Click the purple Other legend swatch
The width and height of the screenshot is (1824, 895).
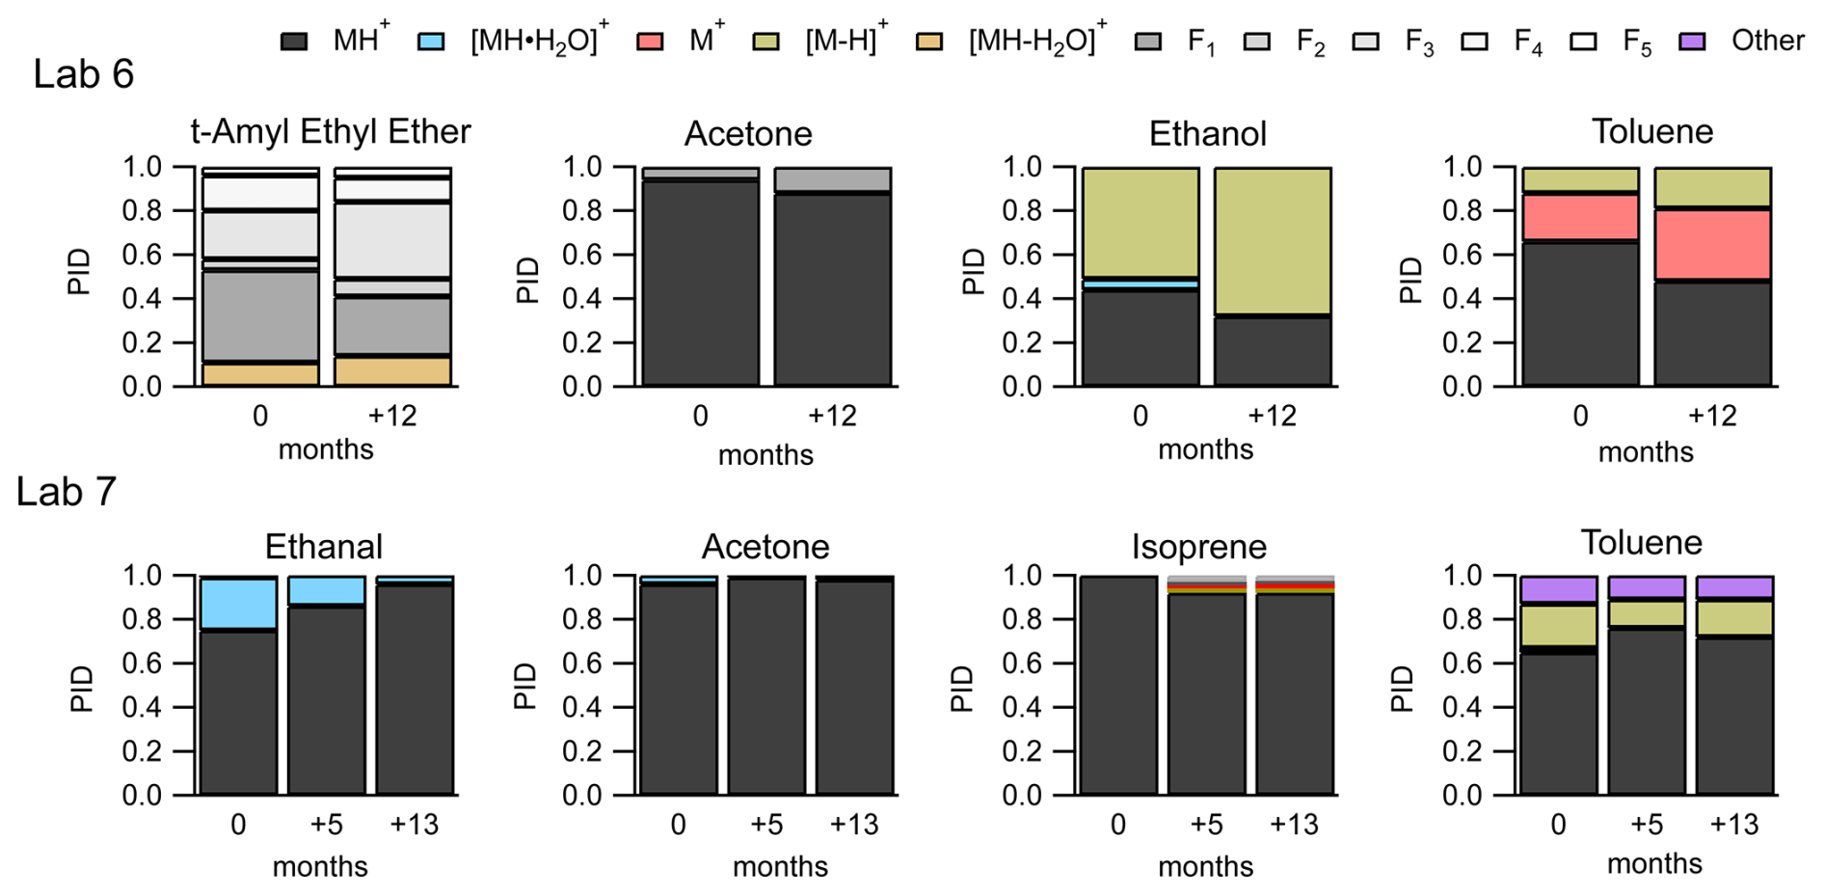1693,41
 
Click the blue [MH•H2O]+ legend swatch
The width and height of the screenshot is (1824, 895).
431,41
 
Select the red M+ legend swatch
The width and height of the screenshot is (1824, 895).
650,41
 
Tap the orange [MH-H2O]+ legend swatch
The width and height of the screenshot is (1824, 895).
929,41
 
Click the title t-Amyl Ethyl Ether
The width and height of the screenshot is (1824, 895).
330,131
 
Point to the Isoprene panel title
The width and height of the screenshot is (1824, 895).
1198,547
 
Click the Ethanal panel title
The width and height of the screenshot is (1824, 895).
324,547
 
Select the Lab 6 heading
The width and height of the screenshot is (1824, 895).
83,74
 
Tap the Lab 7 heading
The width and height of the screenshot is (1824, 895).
66,492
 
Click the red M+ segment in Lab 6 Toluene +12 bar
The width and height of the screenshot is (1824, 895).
1712,244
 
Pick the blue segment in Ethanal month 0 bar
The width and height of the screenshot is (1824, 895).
238,603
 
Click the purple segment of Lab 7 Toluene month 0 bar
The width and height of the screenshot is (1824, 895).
1558,589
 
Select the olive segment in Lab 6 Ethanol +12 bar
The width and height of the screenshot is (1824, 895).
1273,240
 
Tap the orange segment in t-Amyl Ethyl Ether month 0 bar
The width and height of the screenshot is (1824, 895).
260,374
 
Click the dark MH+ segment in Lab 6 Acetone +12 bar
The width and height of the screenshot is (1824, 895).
832,289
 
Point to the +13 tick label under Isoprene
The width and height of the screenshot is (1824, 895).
1293,825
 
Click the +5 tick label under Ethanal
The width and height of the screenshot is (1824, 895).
326,825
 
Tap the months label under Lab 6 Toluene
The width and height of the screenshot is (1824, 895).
1645,452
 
